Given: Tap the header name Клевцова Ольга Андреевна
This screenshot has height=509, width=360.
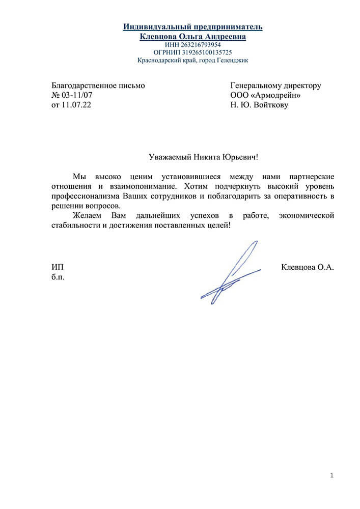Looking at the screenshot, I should click(x=192, y=37).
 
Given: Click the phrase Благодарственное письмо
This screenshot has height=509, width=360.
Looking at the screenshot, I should click(x=98, y=86).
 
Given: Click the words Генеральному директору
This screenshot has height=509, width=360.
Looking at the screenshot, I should click(x=275, y=86).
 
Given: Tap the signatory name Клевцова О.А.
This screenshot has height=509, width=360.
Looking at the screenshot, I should click(x=307, y=267).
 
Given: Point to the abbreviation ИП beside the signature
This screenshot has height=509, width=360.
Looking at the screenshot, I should click(x=58, y=267).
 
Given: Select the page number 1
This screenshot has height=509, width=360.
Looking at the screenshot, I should click(x=331, y=475).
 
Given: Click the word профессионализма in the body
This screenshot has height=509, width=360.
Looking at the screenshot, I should click(x=86, y=196).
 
